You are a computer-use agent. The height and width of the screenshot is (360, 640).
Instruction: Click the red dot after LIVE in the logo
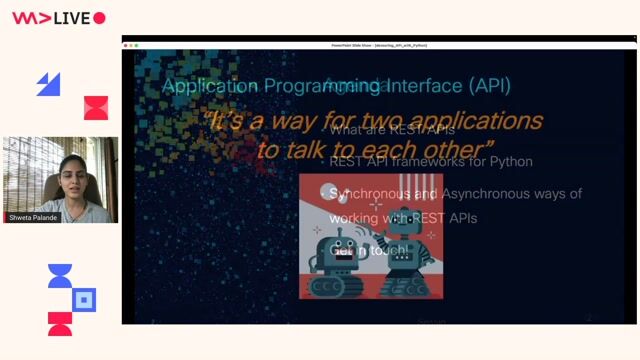(99, 18)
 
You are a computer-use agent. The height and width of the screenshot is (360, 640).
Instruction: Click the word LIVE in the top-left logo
(73, 18)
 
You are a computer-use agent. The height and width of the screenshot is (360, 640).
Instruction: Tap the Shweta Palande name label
(32, 216)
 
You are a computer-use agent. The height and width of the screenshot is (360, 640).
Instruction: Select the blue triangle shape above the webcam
(48, 85)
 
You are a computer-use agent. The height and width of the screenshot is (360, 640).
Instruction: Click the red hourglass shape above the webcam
(96, 108)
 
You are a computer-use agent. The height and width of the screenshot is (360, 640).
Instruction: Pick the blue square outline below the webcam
(85, 299)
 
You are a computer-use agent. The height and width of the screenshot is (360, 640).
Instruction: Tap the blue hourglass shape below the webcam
(60, 276)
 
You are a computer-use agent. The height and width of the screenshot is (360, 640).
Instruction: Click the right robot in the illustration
(404, 255)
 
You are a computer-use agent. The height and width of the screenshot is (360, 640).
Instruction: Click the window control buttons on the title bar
(131, 45)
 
